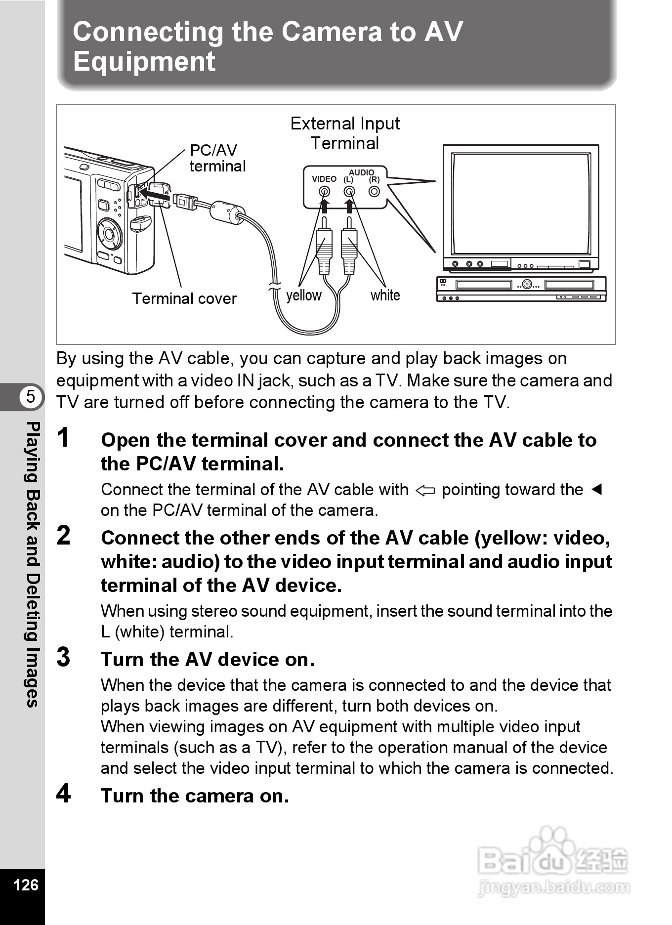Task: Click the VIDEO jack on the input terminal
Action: click(x=325, y=191)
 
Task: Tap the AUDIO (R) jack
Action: click(x=375, y=191)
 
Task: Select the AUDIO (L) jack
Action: click(x=349, y=191)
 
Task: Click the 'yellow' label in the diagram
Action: click(x=303, y=295)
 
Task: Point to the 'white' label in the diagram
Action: click(x=385, y=295)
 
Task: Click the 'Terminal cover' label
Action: click(x=184, y=298)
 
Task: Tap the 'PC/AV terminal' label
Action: click(x=217, y=158)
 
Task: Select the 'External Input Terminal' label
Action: click(x=345, y=133)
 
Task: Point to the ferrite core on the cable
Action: click(x=227, y=211)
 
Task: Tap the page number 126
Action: click(x=26, y=884)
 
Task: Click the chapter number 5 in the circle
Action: click(x=31, y=397)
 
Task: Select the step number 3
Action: click(x=64, y=658)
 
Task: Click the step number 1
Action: click(x=63, y=438)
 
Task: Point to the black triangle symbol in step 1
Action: click(x=597, y=489)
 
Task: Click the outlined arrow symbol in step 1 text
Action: click(x=425, y=491)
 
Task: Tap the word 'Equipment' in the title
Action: click(x=144, y=62)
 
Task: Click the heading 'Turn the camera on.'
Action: click(x=195, y=796)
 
